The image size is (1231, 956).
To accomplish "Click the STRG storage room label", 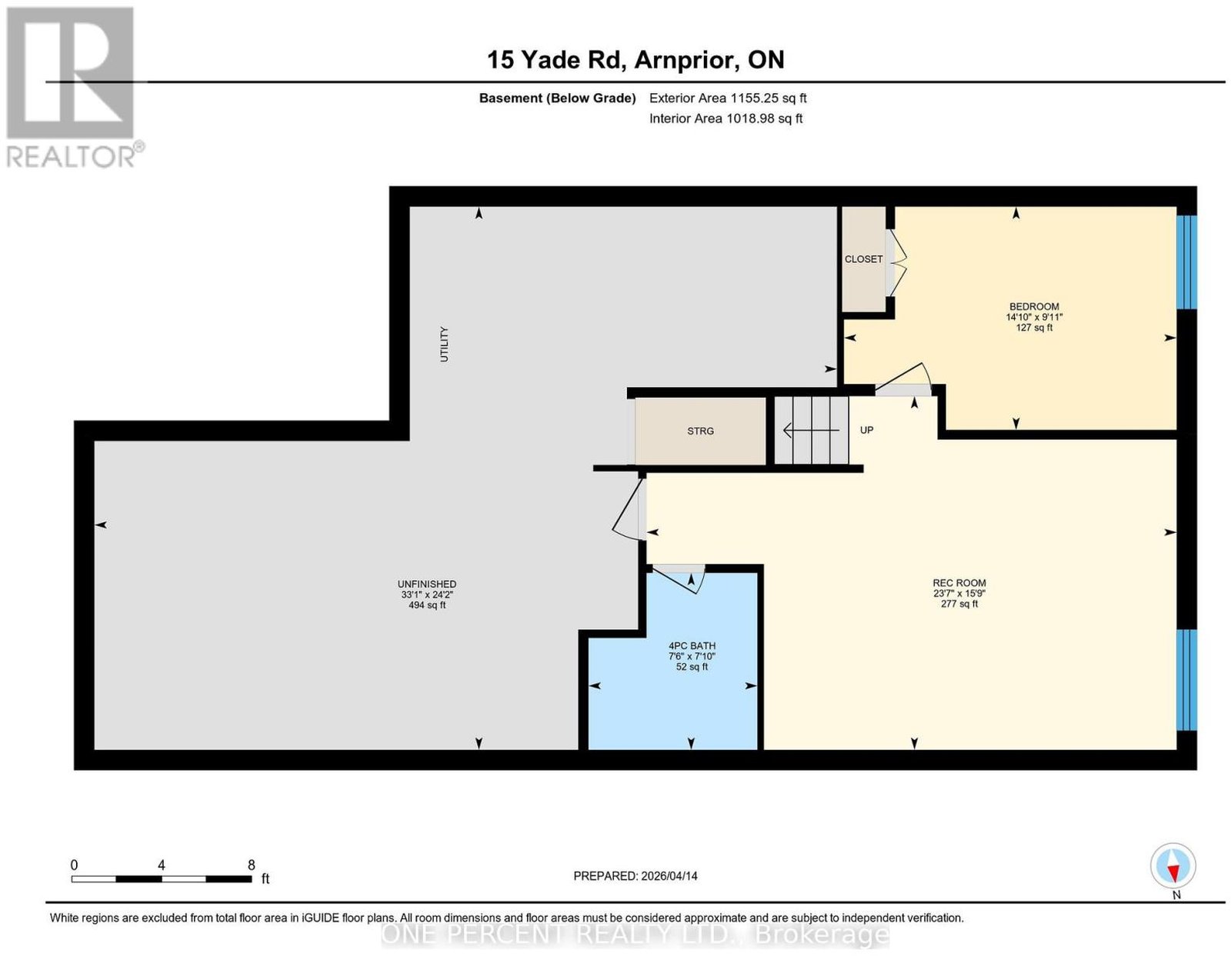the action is tap(700, 431).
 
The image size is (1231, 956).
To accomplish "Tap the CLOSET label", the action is tap(863, 259).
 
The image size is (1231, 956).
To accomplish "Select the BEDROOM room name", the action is tap(1034, 307).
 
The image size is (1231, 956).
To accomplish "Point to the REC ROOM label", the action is tap(959, 583).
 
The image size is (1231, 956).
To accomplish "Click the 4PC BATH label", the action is tap(692, 646).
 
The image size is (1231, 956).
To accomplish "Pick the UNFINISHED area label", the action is tap(427, 584).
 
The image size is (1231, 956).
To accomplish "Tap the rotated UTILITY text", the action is tap(444, 344).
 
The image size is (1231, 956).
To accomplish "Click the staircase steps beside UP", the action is tap(811, 431).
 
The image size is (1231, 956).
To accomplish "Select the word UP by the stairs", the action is tap(866, 430).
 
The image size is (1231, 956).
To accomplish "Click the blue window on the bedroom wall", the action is tap(1186, 261).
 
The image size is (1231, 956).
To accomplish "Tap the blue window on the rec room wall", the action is tap(1186, 680).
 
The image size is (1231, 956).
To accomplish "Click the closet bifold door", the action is tap(897, 262).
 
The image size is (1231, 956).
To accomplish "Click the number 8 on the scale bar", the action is tap(251, 865).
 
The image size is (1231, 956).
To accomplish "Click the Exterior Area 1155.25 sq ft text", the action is tap(727, 98).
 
